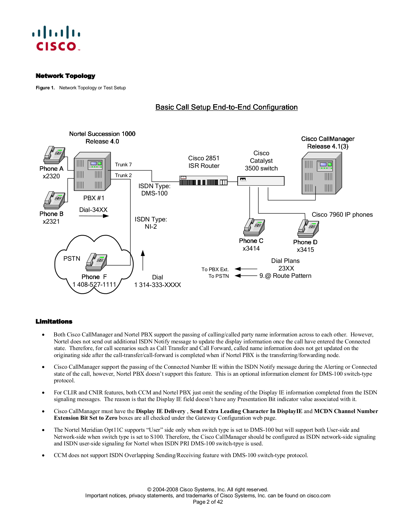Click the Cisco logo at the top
56,39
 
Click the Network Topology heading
65,76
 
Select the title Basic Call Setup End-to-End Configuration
226,107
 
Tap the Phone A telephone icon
55,155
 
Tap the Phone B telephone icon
55,200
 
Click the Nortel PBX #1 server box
92,172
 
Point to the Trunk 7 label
123,164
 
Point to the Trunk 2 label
123,175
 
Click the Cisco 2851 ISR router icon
203,181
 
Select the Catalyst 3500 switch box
261,181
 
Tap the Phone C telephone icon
254,227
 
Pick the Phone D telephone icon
308,228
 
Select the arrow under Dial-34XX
94,216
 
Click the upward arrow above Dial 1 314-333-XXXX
143,260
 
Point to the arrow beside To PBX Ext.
246,269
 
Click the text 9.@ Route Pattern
285,276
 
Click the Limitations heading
54,322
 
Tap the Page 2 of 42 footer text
208,502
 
